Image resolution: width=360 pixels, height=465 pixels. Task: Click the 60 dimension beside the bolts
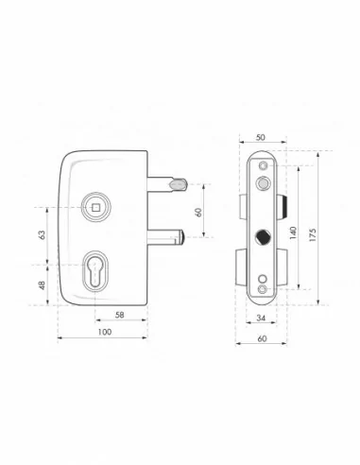click(x=200, y=212)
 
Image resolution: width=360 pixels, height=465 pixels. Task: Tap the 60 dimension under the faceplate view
click(x=258, y=336)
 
